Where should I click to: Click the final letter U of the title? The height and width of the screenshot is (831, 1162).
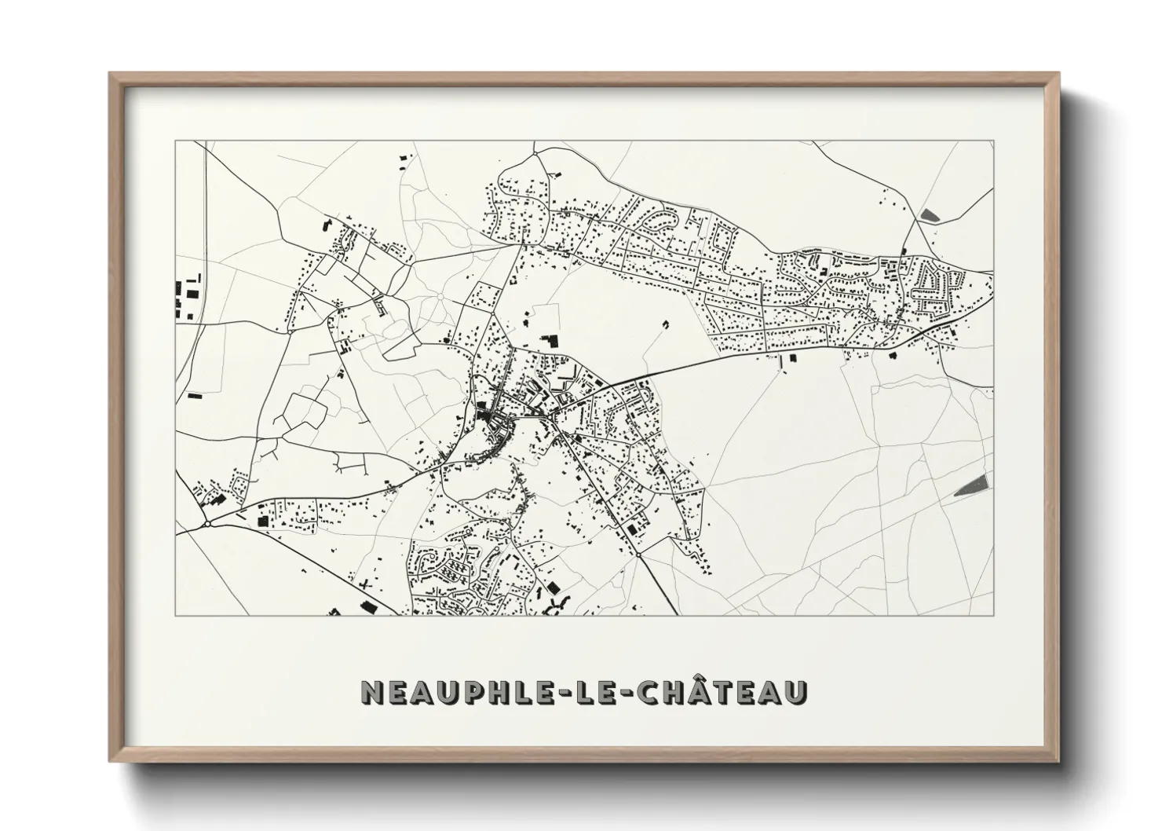(x=795, y=693)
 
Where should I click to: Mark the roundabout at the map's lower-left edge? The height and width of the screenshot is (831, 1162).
(x=207, y=524)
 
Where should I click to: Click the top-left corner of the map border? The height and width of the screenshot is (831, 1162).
(x=176, y=141)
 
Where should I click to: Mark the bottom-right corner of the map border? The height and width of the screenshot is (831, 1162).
(x=993, y=615)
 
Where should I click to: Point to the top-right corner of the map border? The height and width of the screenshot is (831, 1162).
(x=993, y=141)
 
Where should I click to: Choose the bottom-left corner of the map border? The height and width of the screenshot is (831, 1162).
(x=176, y=615)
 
